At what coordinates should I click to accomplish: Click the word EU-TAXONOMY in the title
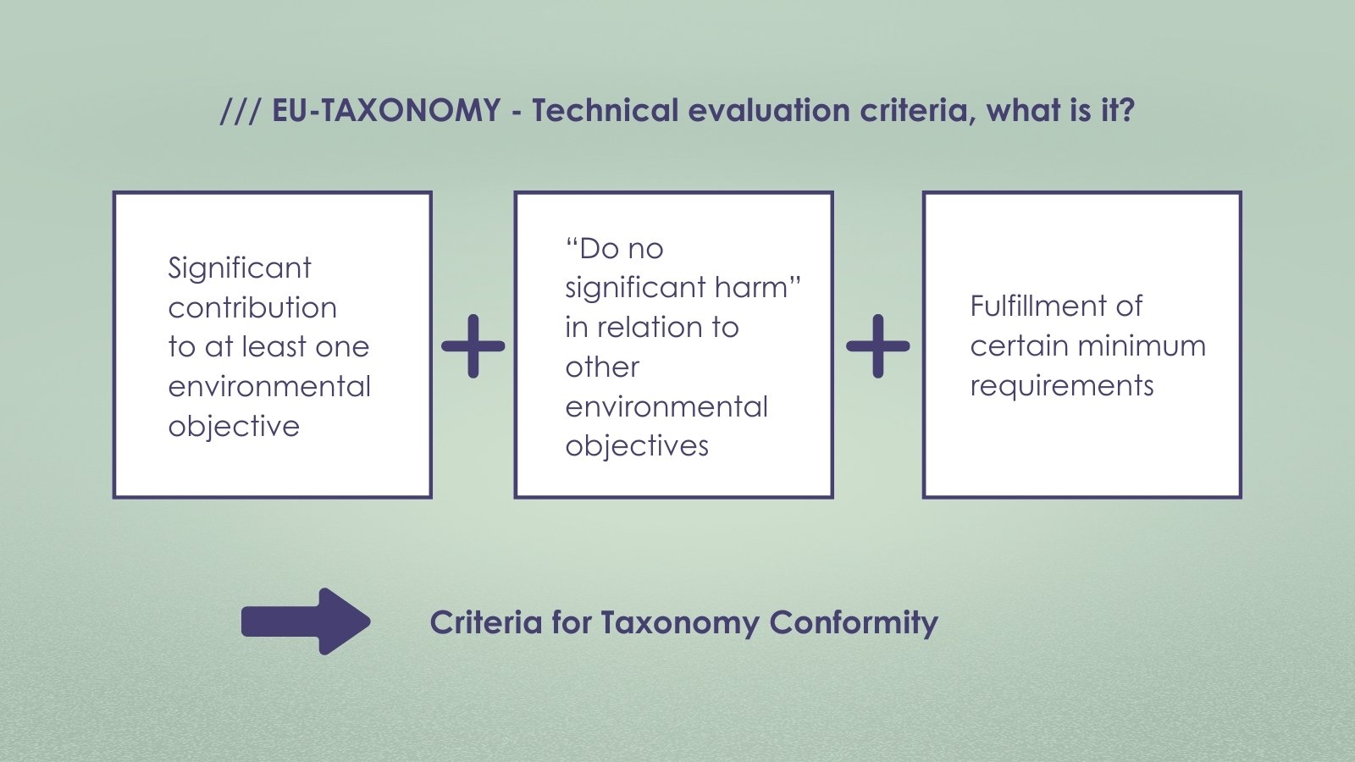386,111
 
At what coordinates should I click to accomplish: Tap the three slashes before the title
241,111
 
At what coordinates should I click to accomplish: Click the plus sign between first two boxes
473,345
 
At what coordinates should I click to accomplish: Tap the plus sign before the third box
878,345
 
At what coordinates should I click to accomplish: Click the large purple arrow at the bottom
307,621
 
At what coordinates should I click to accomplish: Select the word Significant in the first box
240,268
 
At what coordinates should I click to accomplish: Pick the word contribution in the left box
252,307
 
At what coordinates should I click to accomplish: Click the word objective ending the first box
234,426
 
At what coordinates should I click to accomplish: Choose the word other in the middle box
602,367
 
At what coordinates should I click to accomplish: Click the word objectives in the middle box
637,446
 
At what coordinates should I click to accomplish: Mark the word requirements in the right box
1062,386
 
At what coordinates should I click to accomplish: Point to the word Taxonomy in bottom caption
680,623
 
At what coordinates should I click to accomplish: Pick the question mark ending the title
1126,111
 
